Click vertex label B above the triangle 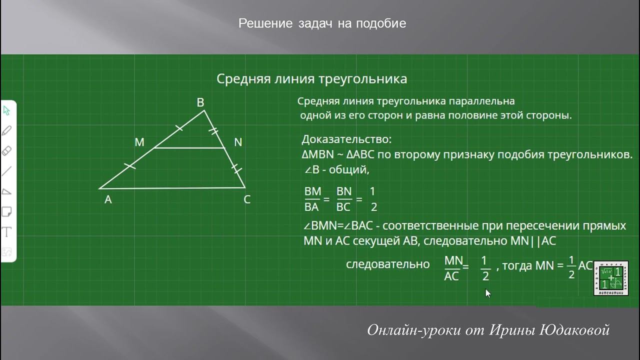(200, 102)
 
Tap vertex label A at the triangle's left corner (108, 200)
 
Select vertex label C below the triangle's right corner (247, 200)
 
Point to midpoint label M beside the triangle (139, 142)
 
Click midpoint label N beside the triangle (238, 142)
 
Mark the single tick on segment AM (129, 166)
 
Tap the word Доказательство (346, 139)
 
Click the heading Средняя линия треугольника (311, 79)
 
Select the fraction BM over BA (312, 199)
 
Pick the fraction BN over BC (344, 199)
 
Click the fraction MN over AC (452, 268)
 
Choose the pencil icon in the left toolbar (7, 131)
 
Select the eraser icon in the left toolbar (7, 151)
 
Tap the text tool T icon (7, 232)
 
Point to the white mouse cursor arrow (488, 293)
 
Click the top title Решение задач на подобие (322, 23)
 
